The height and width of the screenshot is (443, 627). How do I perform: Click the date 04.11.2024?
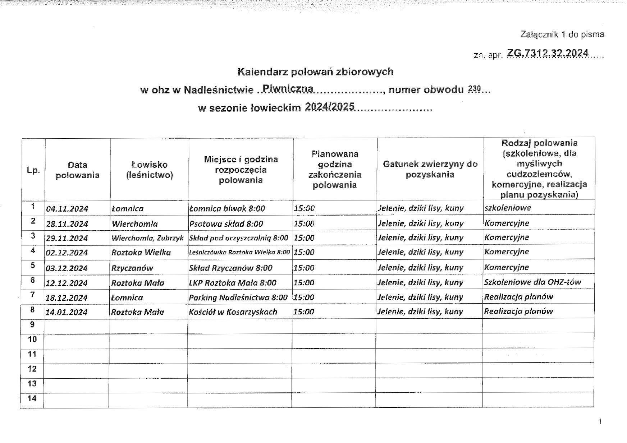pyautogui.click(x=67, y=209)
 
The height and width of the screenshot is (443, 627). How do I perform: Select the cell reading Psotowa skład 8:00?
pyautogui.click(x=226, y=224)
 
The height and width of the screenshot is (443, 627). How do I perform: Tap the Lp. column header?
pyautogui.click(x=33, y=170)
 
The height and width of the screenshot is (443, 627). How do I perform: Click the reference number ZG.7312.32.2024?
pyautogui.click(x=548, y=53)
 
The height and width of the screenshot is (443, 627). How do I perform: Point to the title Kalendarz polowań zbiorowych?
pyautogui.click(x=315, y=71)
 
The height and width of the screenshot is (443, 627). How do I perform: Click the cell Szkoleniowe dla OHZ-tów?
pyautogui.click(x=532, y=282)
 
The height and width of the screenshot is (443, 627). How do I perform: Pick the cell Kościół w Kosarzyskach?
pyautogui.click(x=233, y=312)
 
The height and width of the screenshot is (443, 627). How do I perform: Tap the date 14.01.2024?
pyautogui.click(x=67, y=312)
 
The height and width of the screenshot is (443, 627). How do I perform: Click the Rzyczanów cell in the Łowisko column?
pyautogui.click(x=132, y=268)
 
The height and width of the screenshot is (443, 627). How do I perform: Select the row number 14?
pyautogui.click(x=32, y=398)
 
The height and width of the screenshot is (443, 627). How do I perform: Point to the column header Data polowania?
pyautogui.click(x=77, y=170)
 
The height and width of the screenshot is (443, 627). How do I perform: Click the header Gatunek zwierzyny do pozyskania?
pyautogui.click(x=430, y=169)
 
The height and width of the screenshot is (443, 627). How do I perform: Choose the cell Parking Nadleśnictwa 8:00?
pyautogui.click(x=238, y=297)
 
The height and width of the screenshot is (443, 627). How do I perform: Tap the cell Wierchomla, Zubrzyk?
pyautogui.click(x=147, y=238)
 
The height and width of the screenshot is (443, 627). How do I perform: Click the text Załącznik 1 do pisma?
pyautogui.click(x=562, y=34)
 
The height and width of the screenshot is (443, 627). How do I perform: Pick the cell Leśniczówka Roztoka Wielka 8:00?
pyautogui.click(x=239, y=252)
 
